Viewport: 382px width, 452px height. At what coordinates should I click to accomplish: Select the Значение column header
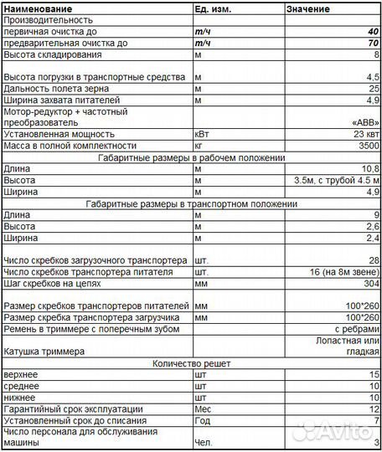pos(308,8)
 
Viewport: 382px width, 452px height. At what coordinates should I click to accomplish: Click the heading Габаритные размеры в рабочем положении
pos(192,157)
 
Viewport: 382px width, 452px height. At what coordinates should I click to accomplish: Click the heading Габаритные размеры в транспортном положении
pos(192,203)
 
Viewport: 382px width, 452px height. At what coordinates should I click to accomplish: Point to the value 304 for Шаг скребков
pos(372,284)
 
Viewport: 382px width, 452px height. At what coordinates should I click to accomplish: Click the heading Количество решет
pos(192,364)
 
